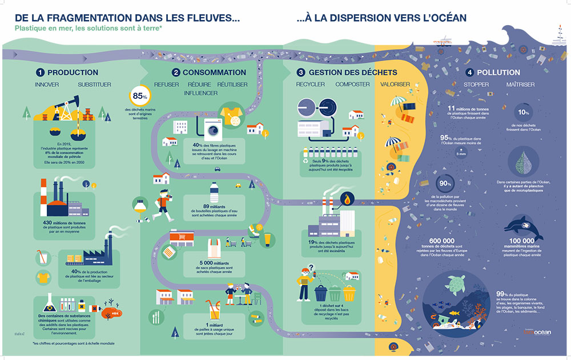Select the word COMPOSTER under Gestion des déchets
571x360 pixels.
coord(352,85)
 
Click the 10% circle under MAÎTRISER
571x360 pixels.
coord(522,112)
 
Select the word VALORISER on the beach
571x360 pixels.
coord(395,85)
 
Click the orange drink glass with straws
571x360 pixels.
coord(215,309)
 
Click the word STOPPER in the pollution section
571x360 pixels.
coord(476,85)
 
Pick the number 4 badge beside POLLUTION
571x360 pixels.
coord(469,73)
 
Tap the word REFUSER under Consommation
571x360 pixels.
coord(167,85)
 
